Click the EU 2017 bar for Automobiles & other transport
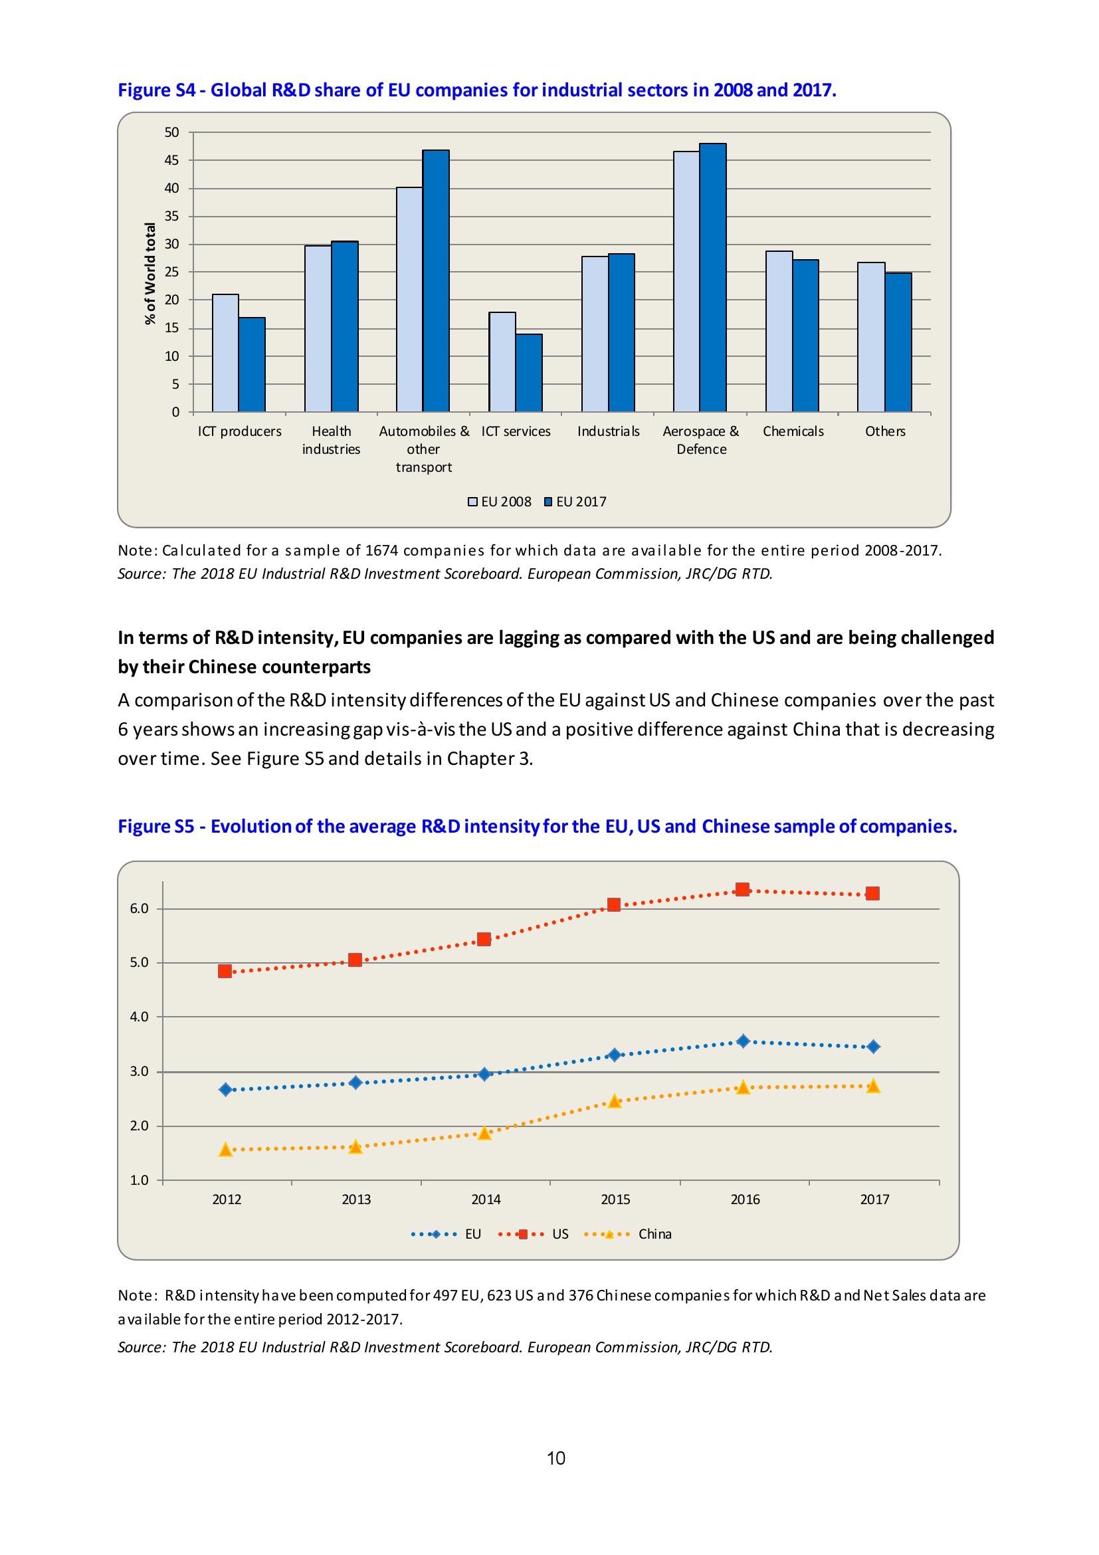click(x=435, y=280)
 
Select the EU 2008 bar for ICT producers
click(x=225, y=353)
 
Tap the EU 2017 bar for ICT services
click(x=528, y=373)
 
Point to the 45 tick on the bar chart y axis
click(x=172, y=161)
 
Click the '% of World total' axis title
click(x=150, y=273)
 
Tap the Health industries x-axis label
click(x=331, y=440)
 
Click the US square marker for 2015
click(x=613, y=905)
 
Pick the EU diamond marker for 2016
click(x=743, y=1041)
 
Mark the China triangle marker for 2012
click(x=225, y=1150)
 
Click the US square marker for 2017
click(x=873, y=893)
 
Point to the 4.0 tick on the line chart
click(x=139, y=1017)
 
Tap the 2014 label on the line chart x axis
click(x=486, y=1199)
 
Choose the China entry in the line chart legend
click(x=654, y=1234)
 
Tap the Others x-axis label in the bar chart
click(x=884, y=431)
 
